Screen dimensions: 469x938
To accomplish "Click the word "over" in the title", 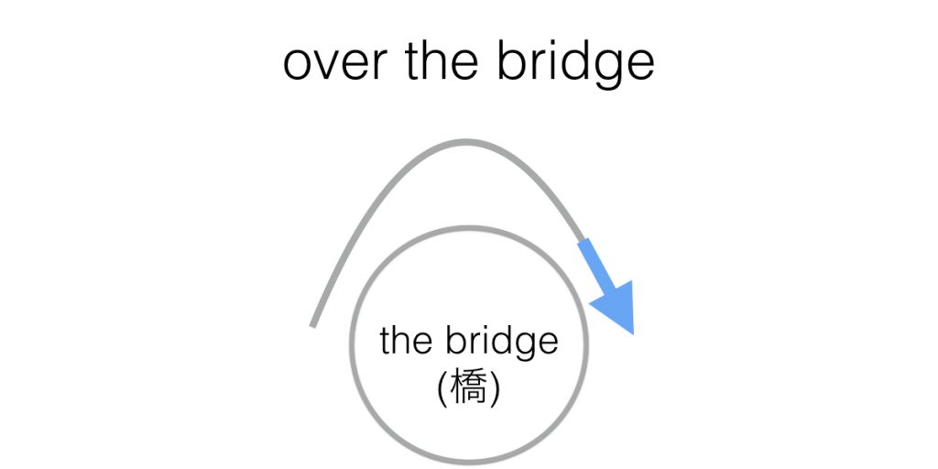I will tap(332, 62).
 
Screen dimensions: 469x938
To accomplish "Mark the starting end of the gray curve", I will tap(313, 324).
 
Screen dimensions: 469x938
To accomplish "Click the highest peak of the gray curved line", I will tap(467, 142).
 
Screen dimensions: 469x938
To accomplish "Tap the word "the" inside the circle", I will tap(407, 341).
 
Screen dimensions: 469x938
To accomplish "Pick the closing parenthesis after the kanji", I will tap(495, 389).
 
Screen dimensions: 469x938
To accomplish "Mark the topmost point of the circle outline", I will tap(469, 227).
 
